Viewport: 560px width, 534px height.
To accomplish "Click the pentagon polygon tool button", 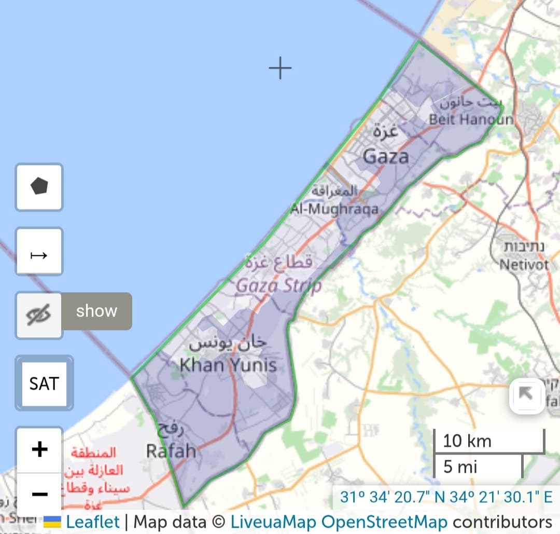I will pyautogui.click(x=39, y=187).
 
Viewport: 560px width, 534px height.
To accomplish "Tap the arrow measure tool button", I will pyautogui.click(x=39, y=255).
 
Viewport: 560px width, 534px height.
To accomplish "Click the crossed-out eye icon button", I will pyautogui.click(x=39, y=315).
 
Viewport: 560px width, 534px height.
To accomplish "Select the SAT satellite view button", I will pyautogui.click(x=44, y=384).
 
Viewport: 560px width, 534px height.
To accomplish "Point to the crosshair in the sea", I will pyautogui.click(x=280, y=68).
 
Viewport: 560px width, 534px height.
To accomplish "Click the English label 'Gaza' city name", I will pyautogui.click(x=386, y=156).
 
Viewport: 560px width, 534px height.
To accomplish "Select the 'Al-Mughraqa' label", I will pyautogui.click(x=334, y=209).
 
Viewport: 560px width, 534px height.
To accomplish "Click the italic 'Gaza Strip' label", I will pyautogui.click(x=278, y=285).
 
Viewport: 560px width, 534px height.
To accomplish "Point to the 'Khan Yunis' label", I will pyautogui.click(x=228, y=365).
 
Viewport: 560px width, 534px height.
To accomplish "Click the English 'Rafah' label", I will pyautogui.click(x=171, y=450).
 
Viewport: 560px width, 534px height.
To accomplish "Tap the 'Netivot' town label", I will pyautogui.click(x=524, y=265).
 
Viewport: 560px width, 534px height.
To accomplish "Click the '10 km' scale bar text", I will pyautogui.click(x=467, y=441).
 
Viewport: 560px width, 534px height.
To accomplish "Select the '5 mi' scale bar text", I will pyautogui.click(x=460, y=467).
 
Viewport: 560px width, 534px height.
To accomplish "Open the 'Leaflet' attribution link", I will pyautogui.click(x=93, y=522).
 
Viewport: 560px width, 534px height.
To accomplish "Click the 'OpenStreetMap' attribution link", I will pyautogui.click(x=384, y=522).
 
